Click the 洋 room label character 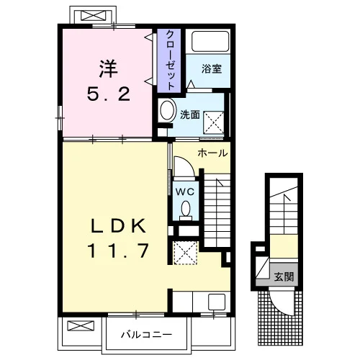[x=109, y=68]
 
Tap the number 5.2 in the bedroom [x=109, y=94]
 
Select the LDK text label [x=118, y=226]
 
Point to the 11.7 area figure [x=118, y=251]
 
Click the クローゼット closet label [x=170, y=60]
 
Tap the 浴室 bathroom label [x=212, y=69]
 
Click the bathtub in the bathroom [x=210, y=41]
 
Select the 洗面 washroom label [x=190, y=114]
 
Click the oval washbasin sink [x=167, y=110]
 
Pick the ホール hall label [x=212, y=153]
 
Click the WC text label [x=185, y=192]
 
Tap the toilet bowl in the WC [x=186, y=209]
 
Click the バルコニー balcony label [x=146, y=334]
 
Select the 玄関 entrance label [x=284, y=276]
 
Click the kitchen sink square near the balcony [x=217, y=302]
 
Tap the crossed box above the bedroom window [x=93, y=16]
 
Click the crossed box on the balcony [x=81, y=325]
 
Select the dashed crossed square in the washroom [x=214, y=122]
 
